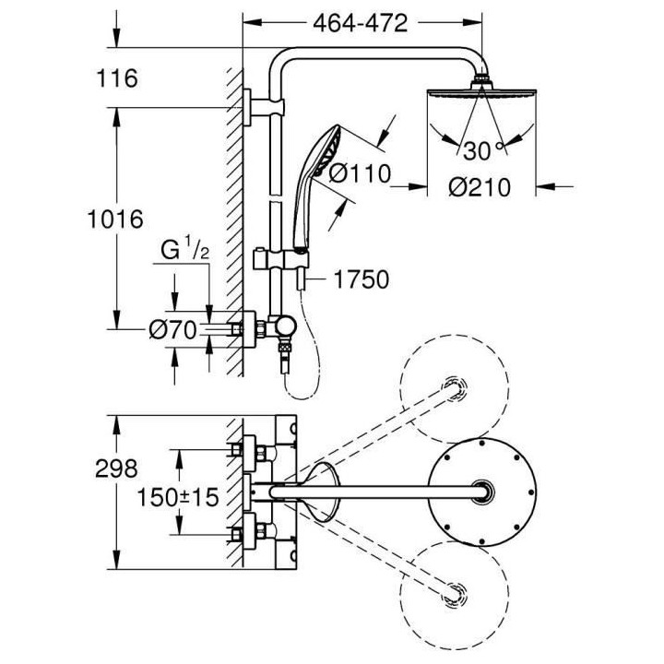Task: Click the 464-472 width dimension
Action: [360, 24]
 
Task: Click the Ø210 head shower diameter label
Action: [480, 187]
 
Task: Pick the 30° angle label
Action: [480, 148]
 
